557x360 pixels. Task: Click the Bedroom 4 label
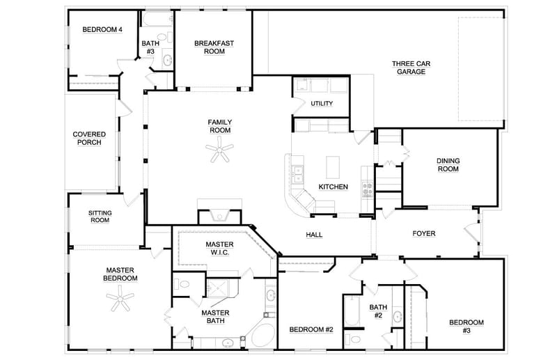pos(102,29)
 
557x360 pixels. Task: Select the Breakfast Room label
pos(214,47)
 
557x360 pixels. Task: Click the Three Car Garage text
pos(411,68)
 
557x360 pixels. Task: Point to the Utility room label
pos(322,104)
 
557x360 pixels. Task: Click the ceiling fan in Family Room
pos(222,149)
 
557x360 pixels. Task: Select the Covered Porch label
pos(90,139)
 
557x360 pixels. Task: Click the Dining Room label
pos(448,165)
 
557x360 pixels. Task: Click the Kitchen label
pos(333,187)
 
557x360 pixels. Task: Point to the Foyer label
pos(423,234)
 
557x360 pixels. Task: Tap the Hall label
pos(314,235)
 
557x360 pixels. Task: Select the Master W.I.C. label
pos(219,249)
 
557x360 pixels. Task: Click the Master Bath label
pos(215,318)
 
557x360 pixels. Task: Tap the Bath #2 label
pos(377,311)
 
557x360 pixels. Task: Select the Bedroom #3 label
pos(466,326)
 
